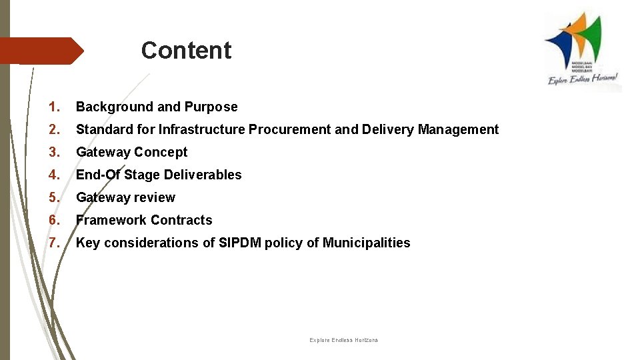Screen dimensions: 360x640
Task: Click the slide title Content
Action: (x=186, y=51)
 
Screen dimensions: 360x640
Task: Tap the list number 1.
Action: (x=55, y=107)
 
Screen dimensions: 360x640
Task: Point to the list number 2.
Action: (x=55, y=129)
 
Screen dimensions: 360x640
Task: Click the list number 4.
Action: (x=55, y=175)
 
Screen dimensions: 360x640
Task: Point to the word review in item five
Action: (x=155, y=197)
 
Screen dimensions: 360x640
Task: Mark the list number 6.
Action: (x=55, y=220)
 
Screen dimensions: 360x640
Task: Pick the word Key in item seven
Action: (x=87, y=243)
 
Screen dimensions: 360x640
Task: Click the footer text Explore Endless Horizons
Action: (x=343, y=341)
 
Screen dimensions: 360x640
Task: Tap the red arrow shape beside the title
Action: (x=40, y=51)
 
